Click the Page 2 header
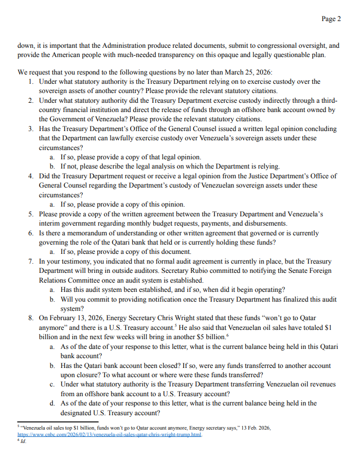(x=331, y=19)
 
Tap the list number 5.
(x=31, y=214)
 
